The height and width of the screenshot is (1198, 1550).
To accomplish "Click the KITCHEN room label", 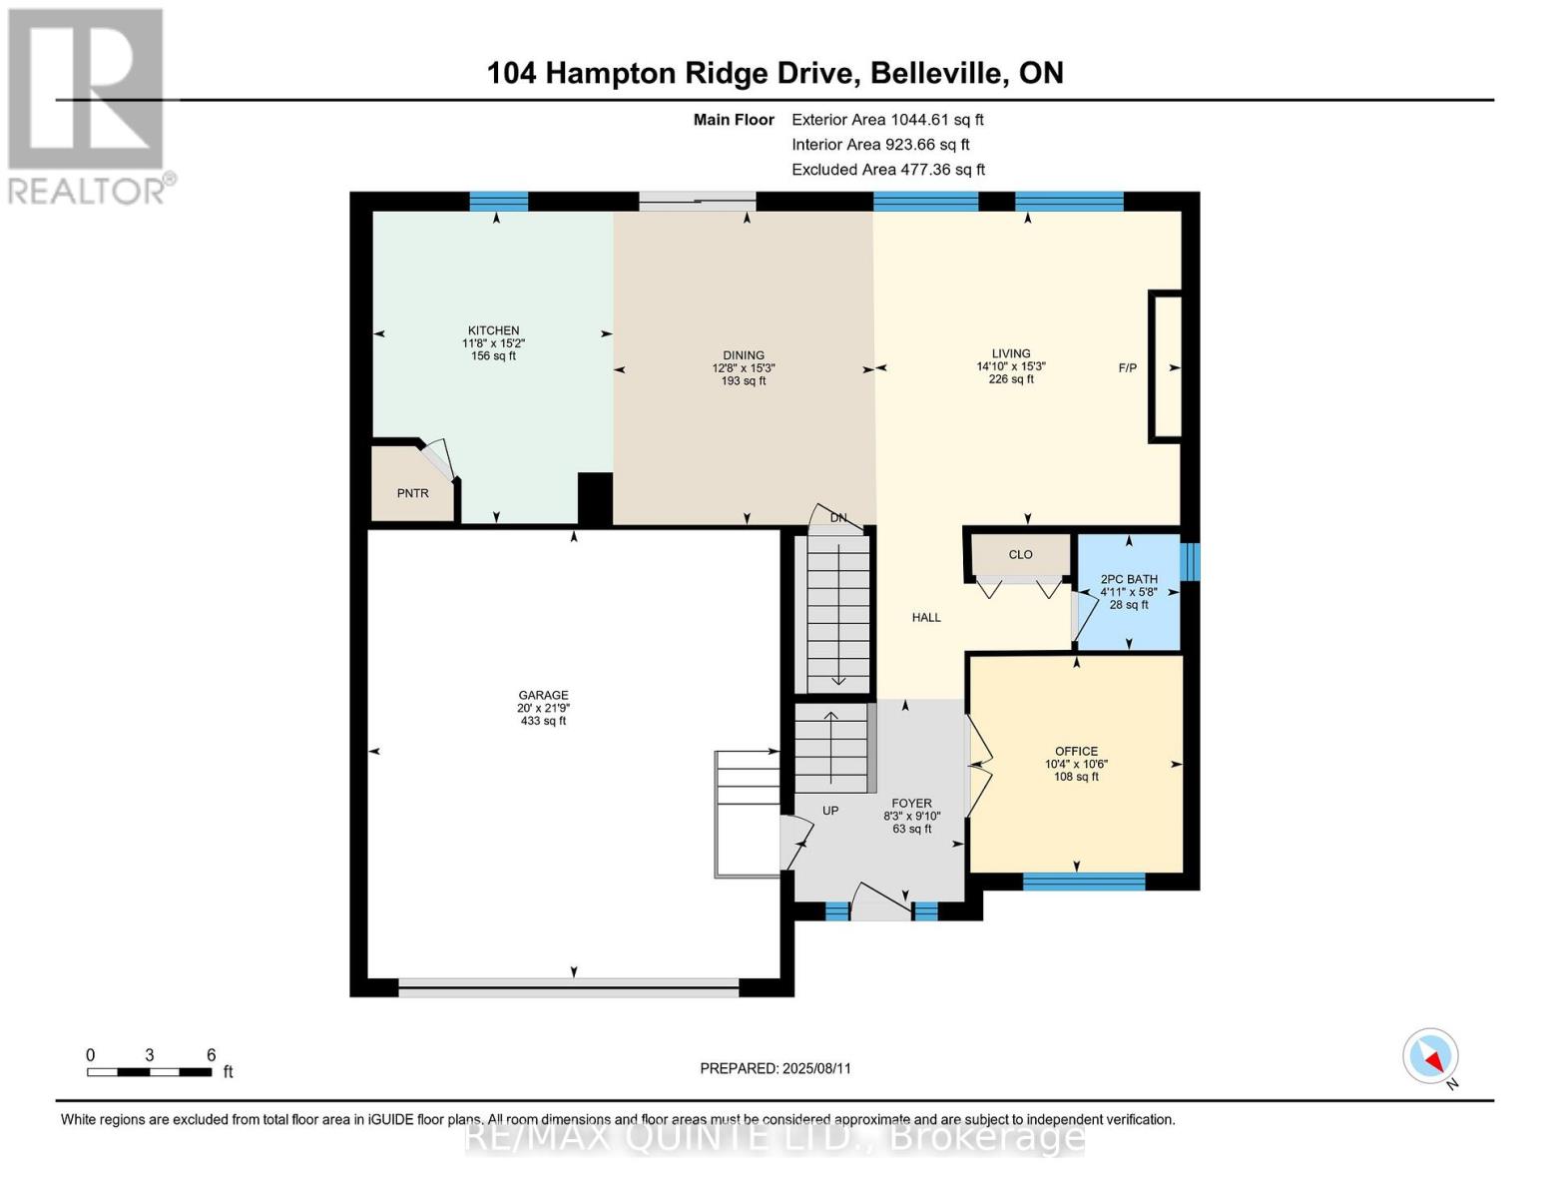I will [x=494, y=331].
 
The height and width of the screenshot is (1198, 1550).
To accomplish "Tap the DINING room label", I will [x=744, y=355].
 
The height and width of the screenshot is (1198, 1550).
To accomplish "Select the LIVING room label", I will [x=1011, y=353].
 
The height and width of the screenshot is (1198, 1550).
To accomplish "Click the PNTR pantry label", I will [x=412, y=493].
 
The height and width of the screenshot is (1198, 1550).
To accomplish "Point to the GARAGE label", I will [x=543, y=696].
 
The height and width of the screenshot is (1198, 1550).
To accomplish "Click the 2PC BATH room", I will [x=1129, y=591].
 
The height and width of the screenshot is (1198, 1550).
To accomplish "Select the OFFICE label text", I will [x=1076, y=752].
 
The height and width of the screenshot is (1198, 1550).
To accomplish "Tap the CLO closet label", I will [x=1020, y=555].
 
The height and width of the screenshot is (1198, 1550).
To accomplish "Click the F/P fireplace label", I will [x=1127, y=368].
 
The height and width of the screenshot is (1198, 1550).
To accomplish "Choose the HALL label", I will [x=926, y=618].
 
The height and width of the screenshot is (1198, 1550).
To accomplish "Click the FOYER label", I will [x=911, y=804].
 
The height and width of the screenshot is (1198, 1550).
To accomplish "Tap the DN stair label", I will [x=838, y=518].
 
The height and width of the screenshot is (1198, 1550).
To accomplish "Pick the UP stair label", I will [x=830, y=811].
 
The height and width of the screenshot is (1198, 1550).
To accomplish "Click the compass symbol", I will [x=1431, y=1056].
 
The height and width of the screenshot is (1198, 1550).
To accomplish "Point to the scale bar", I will [x=150, y=1072].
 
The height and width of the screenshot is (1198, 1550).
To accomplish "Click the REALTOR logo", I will [x=88, y=105].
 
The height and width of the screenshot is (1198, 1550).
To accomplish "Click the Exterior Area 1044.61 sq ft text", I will [x=887, y=120].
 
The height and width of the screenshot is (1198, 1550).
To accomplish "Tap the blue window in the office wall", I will [x=1084, y=882].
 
